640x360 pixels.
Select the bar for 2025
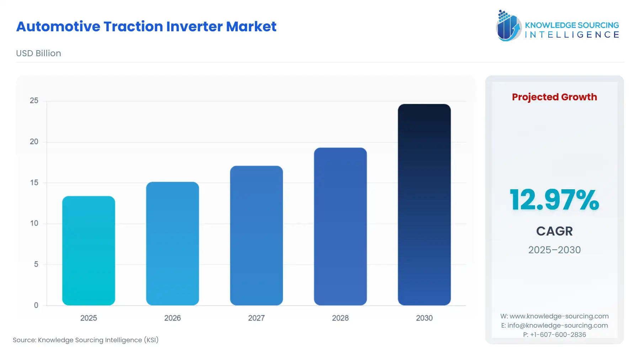pyautogui.click(x=89, y=251)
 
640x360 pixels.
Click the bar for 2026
pyautogui.click(x=172, y=244)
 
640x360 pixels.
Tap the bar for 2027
pyautogui.click(x=256, y=235)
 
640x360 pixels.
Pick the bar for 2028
pyautogui.click(x=340, y=227)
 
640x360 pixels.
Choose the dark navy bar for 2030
pyautogui.click(x=424, y=205)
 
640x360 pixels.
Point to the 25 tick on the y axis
pyautogui.click(x=34, y=101)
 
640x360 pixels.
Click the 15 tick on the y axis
pyautogui.click(x=34, y=182)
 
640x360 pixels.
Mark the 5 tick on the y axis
pyautogui.click(x=36, y=264)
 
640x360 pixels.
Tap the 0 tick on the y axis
pyautogui.click(x=36, y=305)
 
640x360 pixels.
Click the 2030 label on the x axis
pyautogui.click(x=424, y=318)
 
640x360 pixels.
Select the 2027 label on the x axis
pyautogui.click(x=256, y=318)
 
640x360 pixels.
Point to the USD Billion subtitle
pyautogui.click(x=38, y=53)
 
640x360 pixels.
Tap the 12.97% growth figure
pyautogui.click(x=554, y=200)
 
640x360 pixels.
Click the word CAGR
pyautogui.click(x=554, y=231)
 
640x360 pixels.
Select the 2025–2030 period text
pyautogui.click(x=554, y=250)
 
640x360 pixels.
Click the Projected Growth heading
pyautogui.click(x=554, y=97)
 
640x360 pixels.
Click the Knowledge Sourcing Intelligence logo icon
pyautogui.click(x=508, y=26)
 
